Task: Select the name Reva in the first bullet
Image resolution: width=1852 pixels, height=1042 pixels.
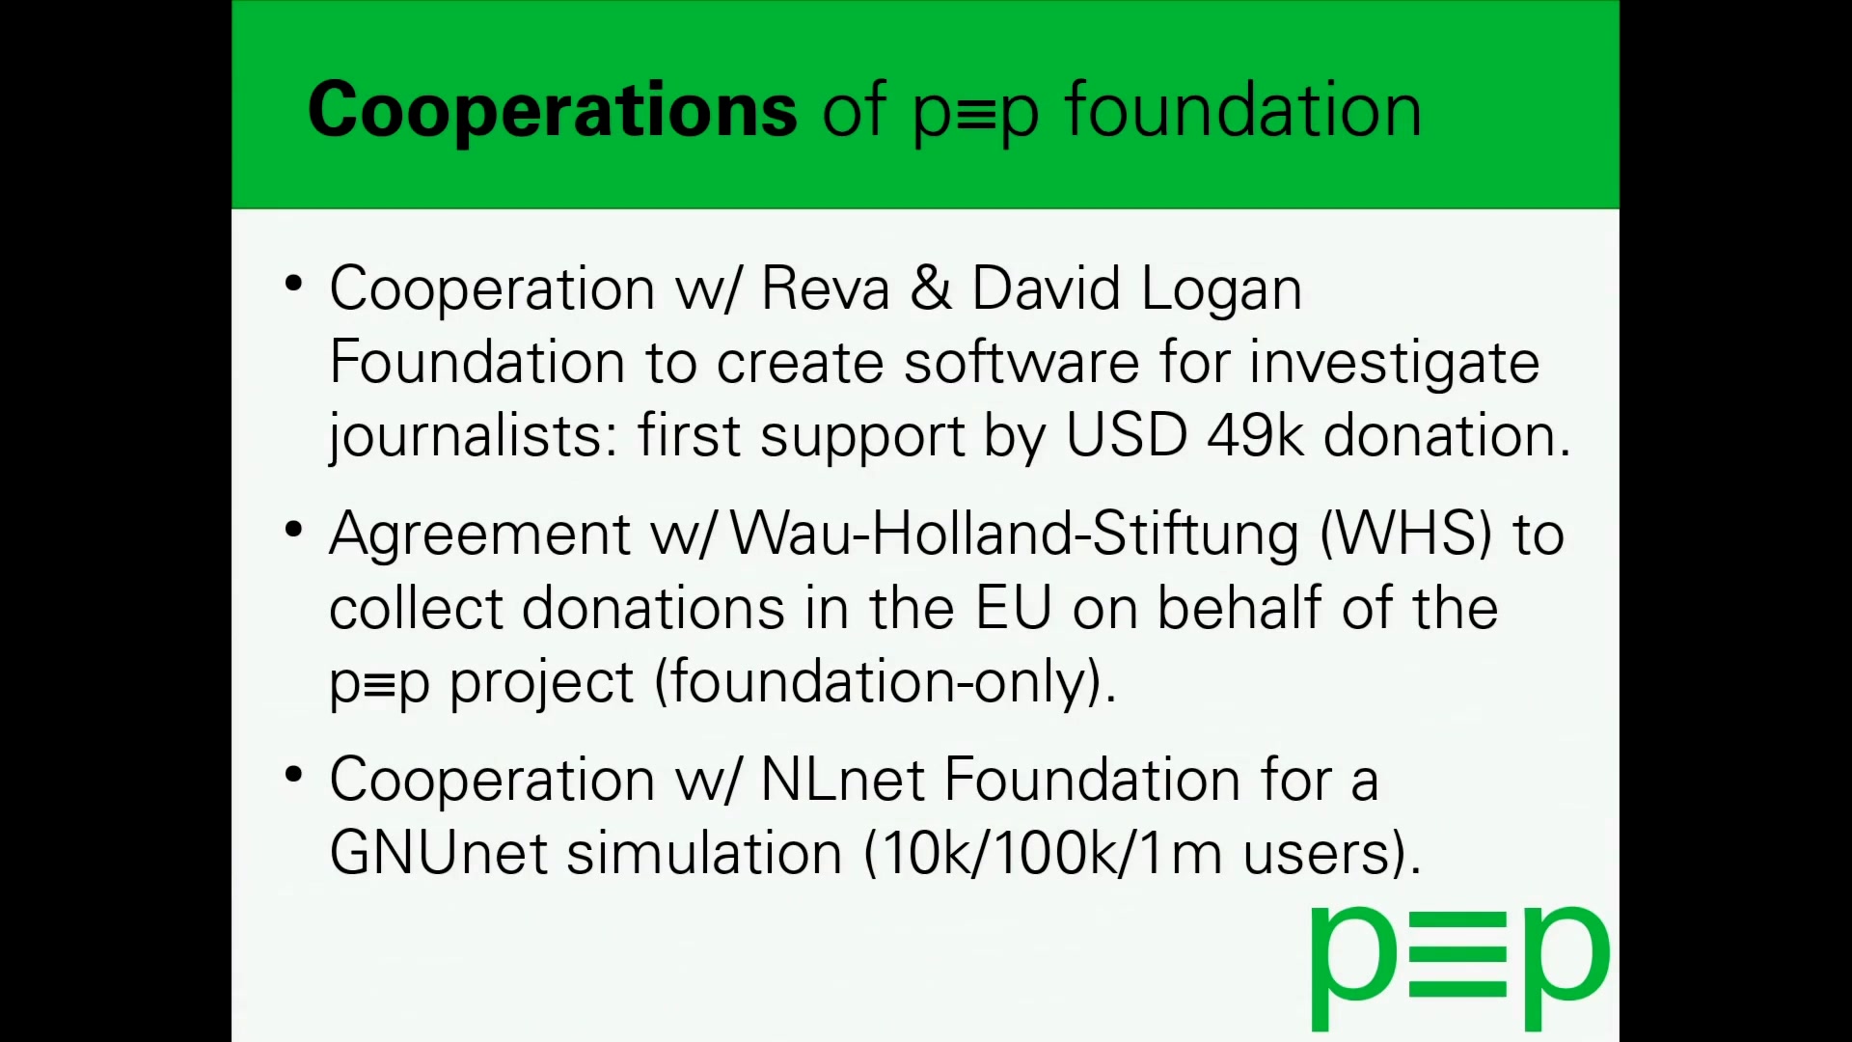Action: pyautogui.click(x=825, y=288)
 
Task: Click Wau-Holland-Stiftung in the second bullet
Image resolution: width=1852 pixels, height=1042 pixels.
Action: pyautogui.click(x=1014, y=535)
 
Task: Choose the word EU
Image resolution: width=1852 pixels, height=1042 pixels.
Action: pyautogui.click(x=1013, y=608)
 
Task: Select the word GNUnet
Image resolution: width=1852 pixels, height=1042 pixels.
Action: pyautogui.click(x=439, y=853)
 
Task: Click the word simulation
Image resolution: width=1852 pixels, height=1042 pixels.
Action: pyautogui.click(x=704, y=853)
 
